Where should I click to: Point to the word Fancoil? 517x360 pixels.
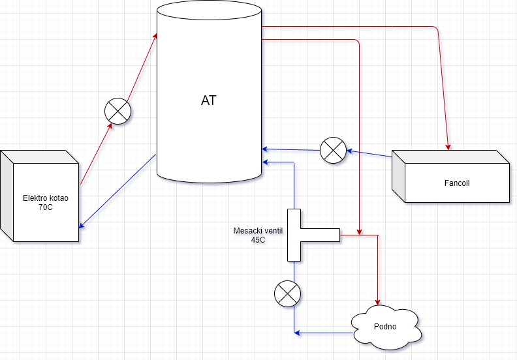pos(457,183)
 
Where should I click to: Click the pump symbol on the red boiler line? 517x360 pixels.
pos(118,110)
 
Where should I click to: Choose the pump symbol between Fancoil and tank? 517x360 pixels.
pos(333,150)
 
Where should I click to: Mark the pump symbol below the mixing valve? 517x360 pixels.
pos(287,293)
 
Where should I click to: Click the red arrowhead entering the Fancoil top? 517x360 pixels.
pos(448,145)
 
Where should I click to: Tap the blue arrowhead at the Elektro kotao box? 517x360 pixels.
pos(81,226)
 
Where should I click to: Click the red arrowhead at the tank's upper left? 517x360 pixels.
pos(155,35)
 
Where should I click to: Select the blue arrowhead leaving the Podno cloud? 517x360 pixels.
pos(298,333)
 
